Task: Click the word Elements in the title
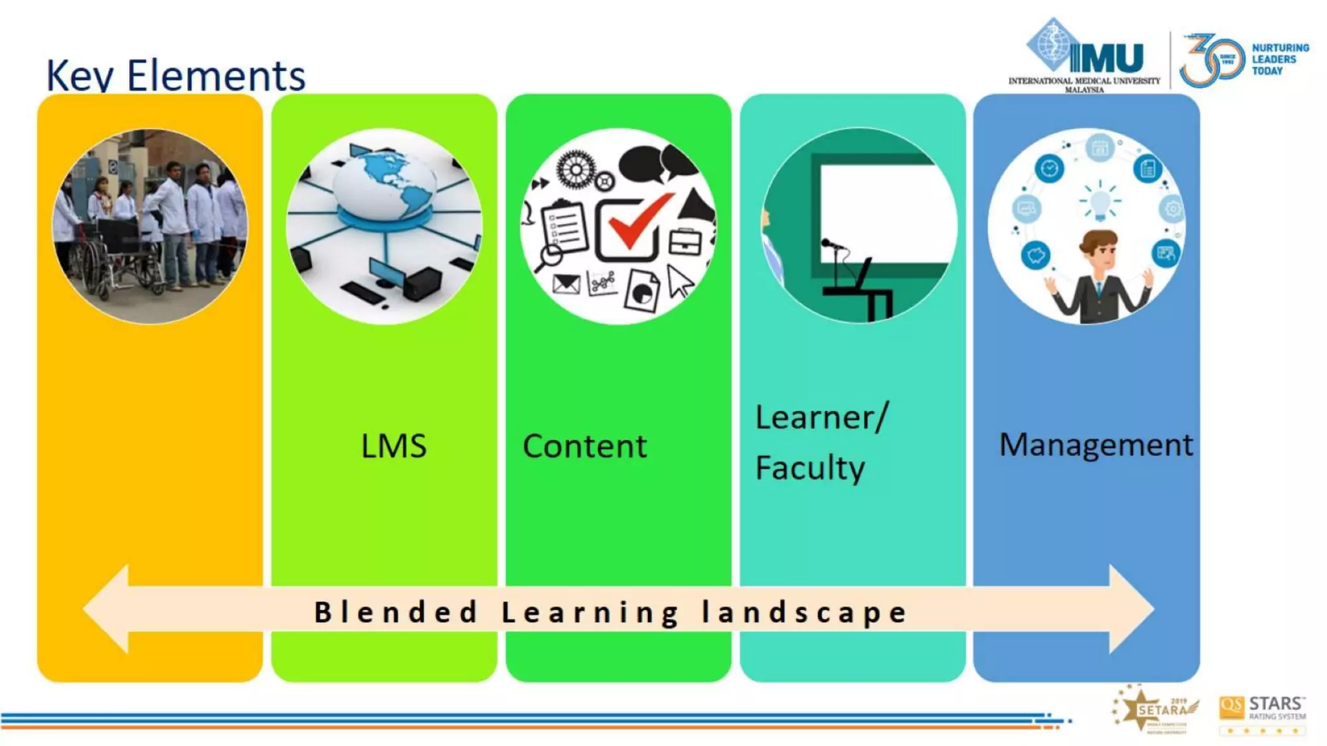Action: coord(216,76)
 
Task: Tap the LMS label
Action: coord(393,446)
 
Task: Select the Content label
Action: coord(584,446)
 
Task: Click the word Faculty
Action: coord(810,468)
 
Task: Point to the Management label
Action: coord(1096,445)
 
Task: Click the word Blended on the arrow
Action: coord(396,612)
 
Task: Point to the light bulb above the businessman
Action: coord(1100,200)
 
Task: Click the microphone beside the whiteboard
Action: coord(831,245)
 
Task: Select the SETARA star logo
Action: coord(1156,710)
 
